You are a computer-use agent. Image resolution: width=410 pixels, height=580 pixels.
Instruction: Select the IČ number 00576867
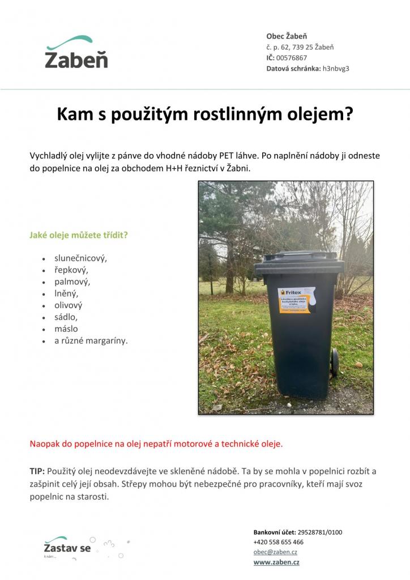coord(292,58)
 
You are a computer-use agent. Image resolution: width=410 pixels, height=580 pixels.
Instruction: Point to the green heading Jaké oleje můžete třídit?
coord(79,234)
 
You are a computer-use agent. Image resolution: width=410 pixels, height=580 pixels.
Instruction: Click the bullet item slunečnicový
coord(80,258)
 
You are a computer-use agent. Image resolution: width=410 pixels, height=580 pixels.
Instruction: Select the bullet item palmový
coord(72,281)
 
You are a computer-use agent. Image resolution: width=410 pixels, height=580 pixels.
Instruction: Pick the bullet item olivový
coord(69,305)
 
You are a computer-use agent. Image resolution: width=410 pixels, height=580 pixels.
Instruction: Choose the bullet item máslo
coord(66,329)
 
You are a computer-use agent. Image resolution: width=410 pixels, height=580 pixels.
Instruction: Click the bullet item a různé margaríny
coord(91,340)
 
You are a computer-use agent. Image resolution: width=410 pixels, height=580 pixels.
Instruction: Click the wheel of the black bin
coord(335,362)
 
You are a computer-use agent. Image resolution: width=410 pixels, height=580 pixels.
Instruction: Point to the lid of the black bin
coord(299,263)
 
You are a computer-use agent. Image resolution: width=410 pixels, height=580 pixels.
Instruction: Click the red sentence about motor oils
coord(156,443)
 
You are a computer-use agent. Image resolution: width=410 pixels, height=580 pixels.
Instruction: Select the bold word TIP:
coord(37,471)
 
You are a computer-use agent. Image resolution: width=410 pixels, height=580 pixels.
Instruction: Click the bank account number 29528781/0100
coord(319,532)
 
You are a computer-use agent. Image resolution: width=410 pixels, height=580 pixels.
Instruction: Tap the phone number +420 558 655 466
coord(278,542)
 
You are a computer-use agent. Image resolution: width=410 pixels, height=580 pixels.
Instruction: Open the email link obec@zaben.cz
coord(276,552)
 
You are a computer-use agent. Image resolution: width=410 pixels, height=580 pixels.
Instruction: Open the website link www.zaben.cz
coord(276,562)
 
